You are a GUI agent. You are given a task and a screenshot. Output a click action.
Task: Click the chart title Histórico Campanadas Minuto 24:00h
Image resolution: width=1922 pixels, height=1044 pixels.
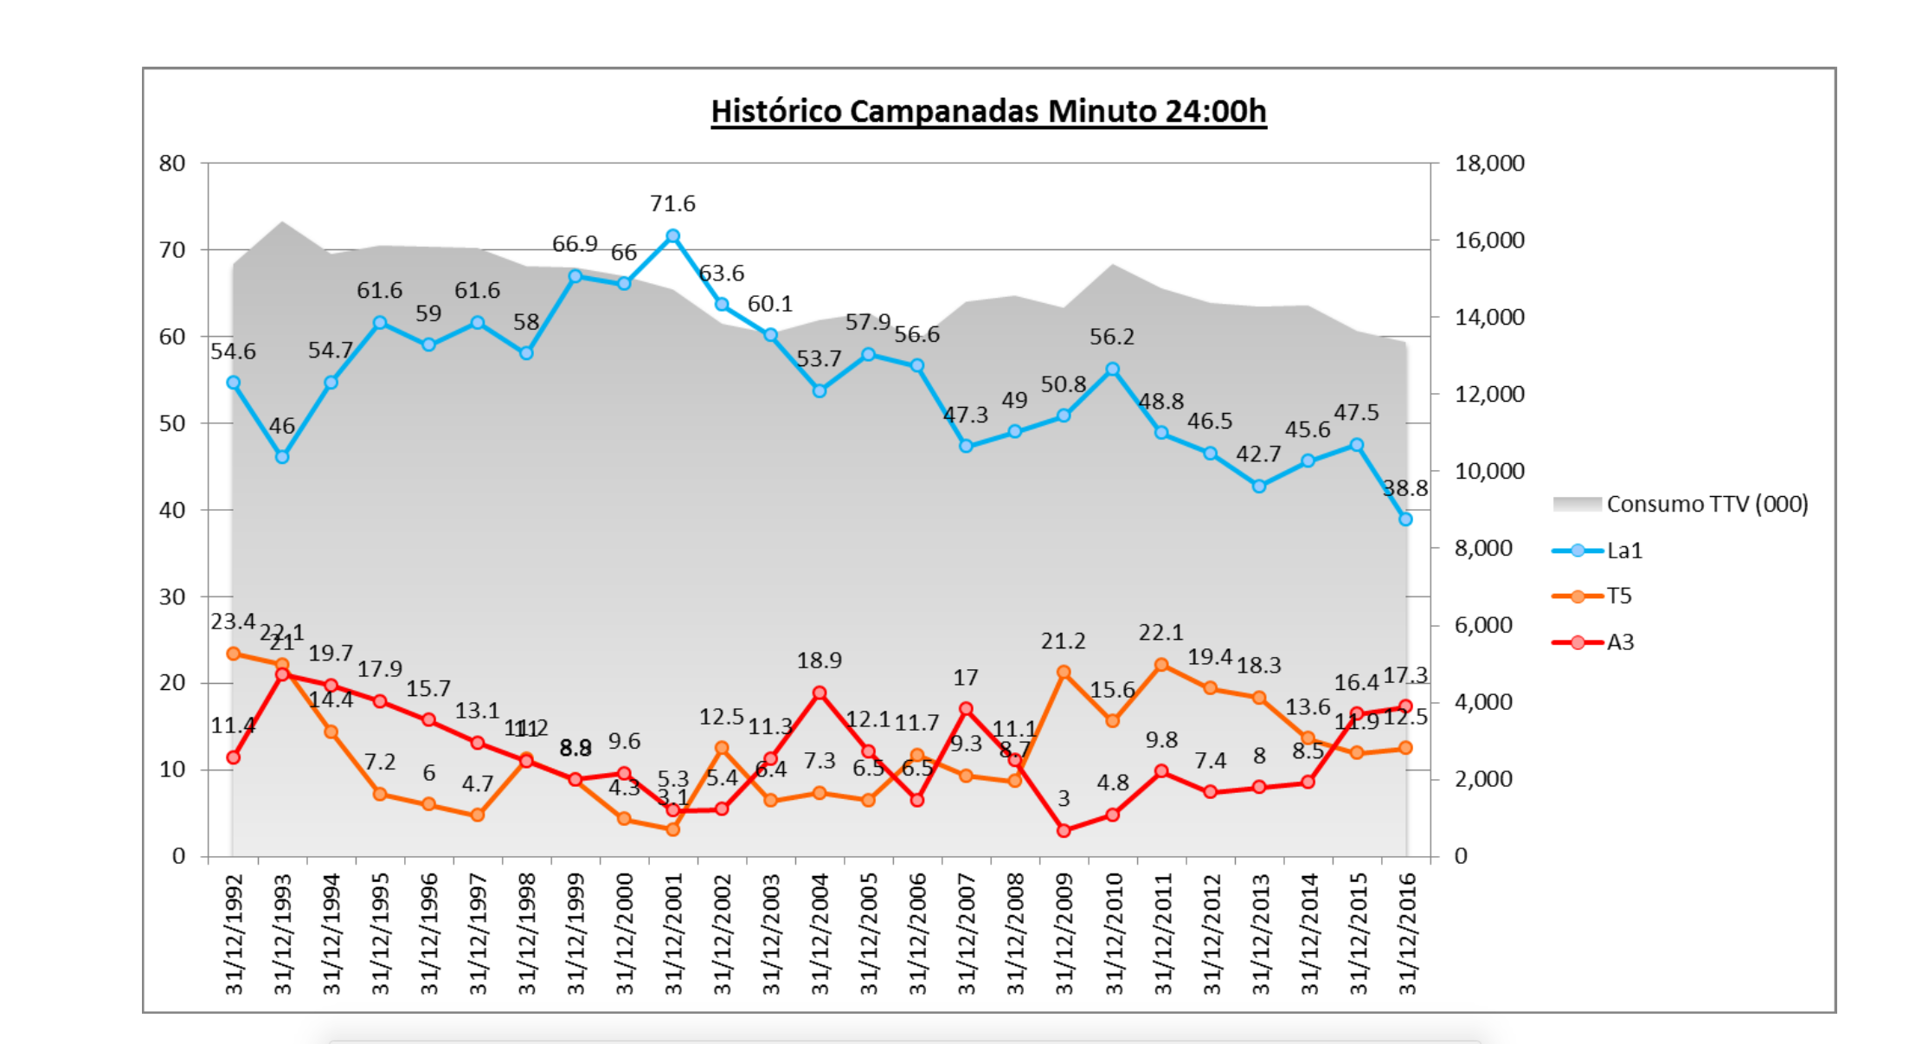coord(988,112)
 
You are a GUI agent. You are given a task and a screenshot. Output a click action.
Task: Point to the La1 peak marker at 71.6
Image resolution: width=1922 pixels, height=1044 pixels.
coord(673,235)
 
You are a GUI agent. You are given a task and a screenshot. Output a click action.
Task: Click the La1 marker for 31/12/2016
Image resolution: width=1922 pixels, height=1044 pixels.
coord(1405,519)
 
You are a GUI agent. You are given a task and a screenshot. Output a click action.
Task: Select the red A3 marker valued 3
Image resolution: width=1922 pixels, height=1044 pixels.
coord(1064,830)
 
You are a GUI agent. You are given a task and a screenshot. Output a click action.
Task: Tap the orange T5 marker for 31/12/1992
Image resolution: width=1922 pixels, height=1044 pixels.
coord(233,654)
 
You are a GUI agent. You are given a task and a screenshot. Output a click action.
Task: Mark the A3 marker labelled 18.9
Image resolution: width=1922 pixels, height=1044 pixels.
coord(820,693)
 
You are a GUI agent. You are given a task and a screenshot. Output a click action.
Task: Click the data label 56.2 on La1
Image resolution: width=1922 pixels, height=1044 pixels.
coord(1111,337)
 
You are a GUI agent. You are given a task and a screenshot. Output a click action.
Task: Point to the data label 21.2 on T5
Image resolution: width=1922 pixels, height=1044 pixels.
coord(1063,641)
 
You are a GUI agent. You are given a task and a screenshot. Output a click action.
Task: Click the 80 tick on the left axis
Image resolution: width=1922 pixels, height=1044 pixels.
coord(172,164)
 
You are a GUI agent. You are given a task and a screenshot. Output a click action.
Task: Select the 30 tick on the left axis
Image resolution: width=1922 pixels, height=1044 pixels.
coord(172,596)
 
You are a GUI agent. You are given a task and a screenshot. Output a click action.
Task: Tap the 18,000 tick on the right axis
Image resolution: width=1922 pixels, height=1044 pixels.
coord(1489,164)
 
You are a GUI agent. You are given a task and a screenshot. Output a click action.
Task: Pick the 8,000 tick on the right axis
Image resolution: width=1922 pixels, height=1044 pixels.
coord(1483,548)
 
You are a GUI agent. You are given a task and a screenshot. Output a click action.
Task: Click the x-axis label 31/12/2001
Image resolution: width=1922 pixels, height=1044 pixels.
coord(673,934)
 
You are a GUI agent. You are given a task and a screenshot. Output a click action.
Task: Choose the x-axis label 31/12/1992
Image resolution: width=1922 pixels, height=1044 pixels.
coord(234,934)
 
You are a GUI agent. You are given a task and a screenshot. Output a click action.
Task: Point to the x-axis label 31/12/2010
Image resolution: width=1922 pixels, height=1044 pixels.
coord(1113,934)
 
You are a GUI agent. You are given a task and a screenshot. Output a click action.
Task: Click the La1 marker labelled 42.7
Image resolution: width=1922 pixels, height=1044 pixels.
coord(1259,487)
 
